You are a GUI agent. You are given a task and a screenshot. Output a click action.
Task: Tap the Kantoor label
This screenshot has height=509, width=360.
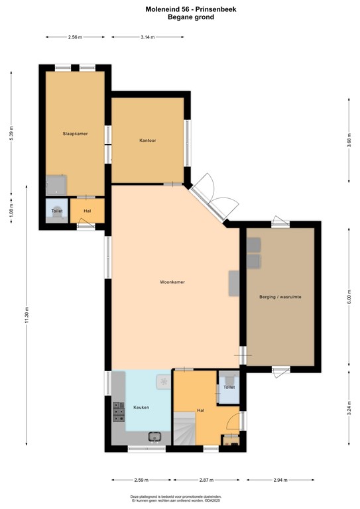(147, 141)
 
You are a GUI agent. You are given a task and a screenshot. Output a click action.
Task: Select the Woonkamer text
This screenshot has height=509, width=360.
(172, 282)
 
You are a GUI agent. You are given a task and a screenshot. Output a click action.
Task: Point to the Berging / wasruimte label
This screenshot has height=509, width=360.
(280, 298)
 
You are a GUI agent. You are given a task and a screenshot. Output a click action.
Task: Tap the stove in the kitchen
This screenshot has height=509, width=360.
(119, 412)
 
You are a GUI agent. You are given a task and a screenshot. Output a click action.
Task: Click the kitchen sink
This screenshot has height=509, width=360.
(156, 436)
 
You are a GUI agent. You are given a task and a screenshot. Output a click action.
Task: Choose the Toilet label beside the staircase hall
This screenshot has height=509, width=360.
(229, 386)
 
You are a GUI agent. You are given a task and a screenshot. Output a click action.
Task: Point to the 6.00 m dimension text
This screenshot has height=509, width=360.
(349, 298)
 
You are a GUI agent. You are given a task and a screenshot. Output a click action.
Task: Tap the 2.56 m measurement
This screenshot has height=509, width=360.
(75, 38)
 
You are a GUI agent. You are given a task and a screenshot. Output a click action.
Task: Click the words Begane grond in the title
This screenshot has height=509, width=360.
(181, 17)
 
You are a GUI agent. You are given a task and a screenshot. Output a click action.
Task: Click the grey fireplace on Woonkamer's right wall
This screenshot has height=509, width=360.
(234, 283)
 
